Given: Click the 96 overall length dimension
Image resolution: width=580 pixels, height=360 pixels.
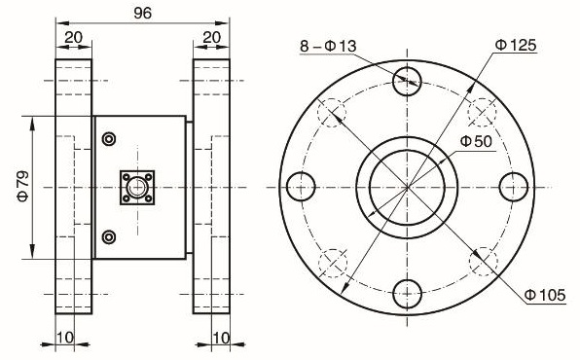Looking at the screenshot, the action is click(143, 14).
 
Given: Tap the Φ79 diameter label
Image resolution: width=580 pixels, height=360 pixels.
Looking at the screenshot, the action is click(23, 186).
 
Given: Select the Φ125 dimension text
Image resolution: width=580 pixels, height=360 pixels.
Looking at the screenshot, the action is click(515, 45).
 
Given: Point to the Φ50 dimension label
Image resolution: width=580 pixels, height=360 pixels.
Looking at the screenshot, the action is click(476, 141).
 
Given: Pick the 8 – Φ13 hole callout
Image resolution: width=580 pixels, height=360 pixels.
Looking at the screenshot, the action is click(328, 47).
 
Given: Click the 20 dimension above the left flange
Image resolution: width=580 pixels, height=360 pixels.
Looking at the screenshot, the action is click(74, 37).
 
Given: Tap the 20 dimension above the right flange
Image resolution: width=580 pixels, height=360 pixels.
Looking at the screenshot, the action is click(211, 37).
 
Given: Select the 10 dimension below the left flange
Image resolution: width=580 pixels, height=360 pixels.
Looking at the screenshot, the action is click(65, 338).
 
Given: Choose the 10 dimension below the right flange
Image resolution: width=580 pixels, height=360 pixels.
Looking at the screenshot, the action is click(221, 338).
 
